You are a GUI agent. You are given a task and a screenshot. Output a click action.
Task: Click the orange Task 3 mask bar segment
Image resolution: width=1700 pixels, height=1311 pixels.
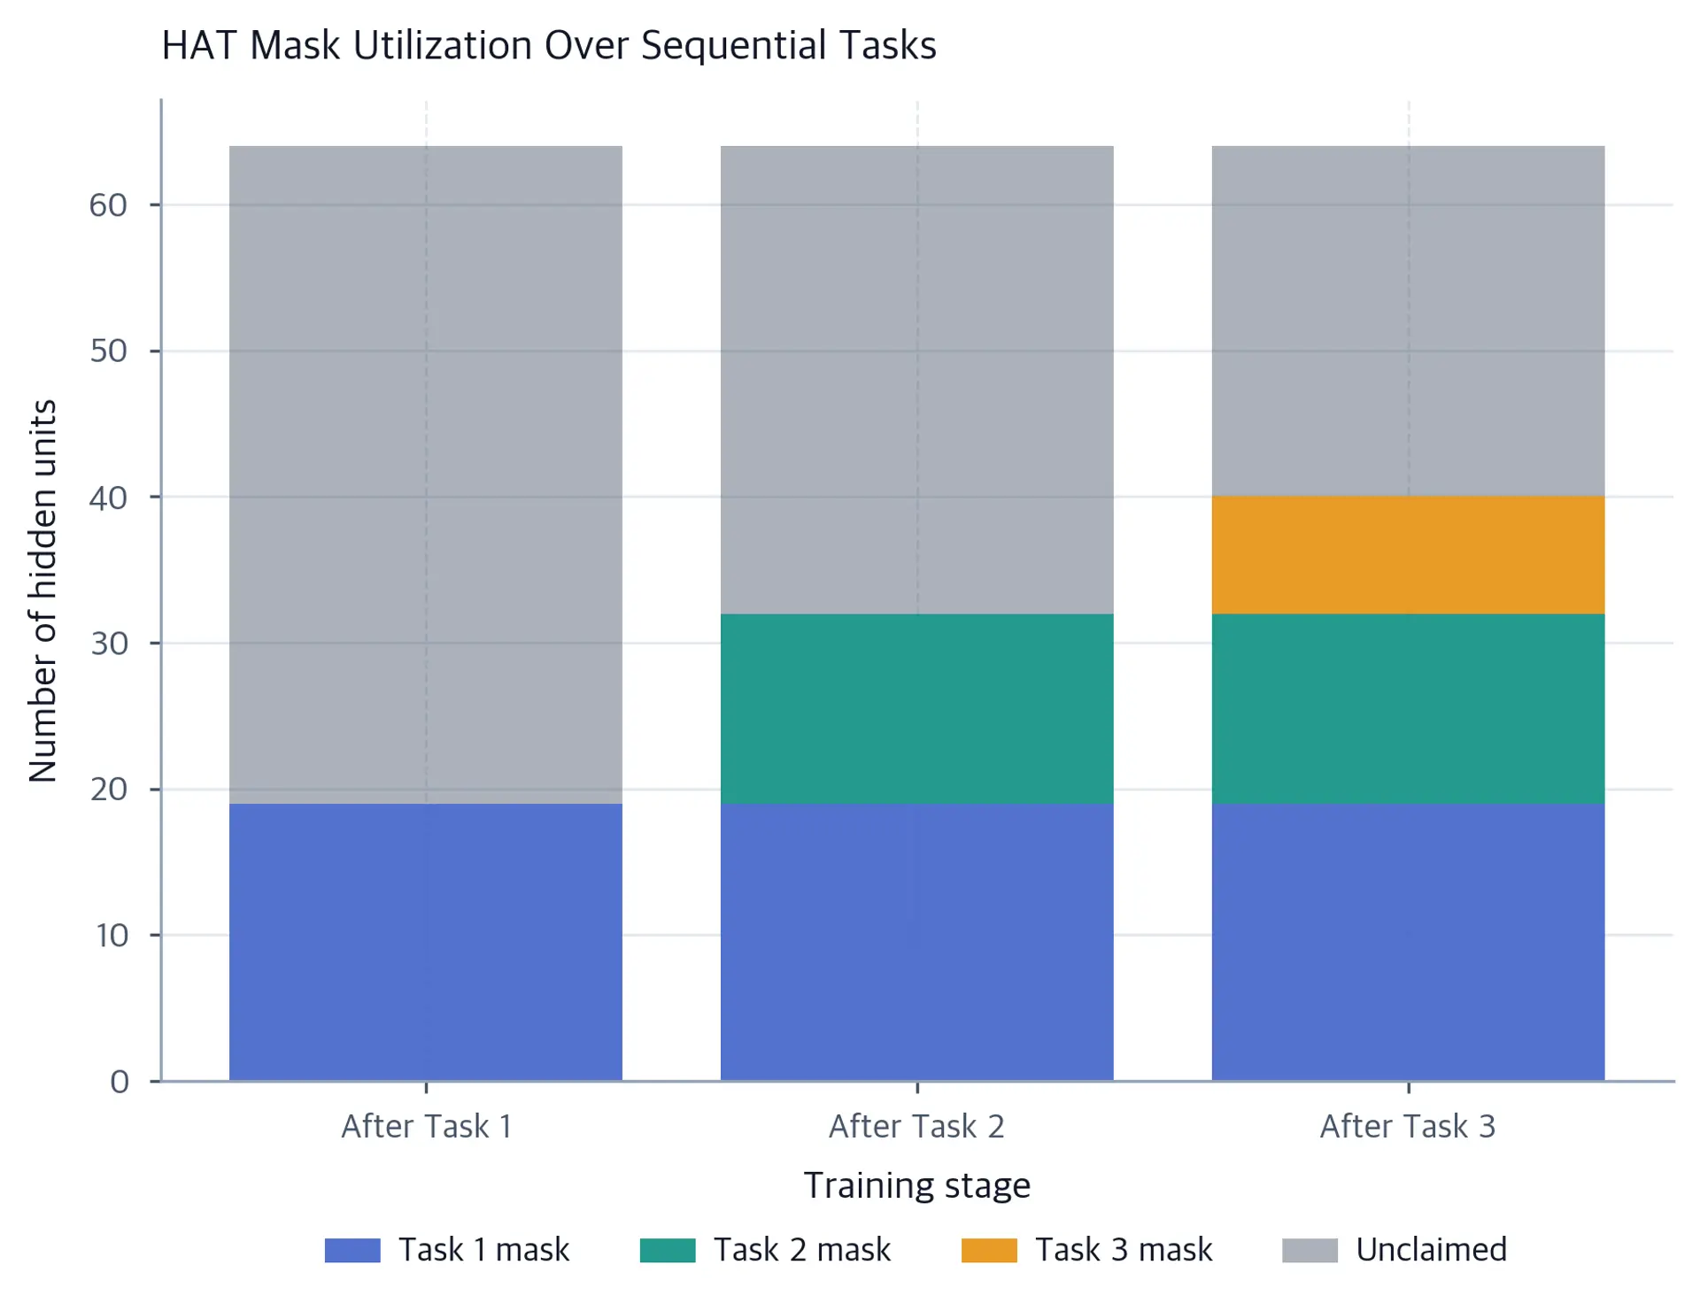tap(1408, 555)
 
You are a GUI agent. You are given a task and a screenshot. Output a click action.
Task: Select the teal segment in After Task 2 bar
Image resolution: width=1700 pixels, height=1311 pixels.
tap(916, 709)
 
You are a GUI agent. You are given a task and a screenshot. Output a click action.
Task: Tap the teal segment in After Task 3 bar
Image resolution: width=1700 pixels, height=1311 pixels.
tap(1408, 709)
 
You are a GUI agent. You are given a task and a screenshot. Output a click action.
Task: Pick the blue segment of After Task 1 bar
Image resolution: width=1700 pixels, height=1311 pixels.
tap(426, 942)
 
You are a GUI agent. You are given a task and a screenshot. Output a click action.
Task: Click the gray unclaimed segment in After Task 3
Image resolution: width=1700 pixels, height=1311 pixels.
tap(1408, 321)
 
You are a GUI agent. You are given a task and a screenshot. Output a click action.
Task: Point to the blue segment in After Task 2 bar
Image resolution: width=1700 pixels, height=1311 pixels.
tap(916, 942)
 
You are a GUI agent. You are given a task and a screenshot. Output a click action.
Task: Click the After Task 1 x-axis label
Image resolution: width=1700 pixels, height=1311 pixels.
tap(427, 1126)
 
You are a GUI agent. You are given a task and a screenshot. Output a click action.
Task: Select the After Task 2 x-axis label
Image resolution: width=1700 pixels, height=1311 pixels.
tap(916, 1126)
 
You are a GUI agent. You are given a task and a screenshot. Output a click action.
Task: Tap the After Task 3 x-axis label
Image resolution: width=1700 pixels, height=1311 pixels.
tap(1408, 1126)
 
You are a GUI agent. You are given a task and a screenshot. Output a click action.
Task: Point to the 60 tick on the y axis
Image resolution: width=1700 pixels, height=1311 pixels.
tap(108, 205)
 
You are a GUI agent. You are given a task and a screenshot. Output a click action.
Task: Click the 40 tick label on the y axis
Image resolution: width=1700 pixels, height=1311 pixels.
tap(108, 497)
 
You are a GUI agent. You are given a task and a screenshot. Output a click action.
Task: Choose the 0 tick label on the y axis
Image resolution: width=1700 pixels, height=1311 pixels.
tap(120, 1082)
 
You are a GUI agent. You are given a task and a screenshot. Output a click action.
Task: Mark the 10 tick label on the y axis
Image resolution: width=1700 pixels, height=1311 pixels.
tap(112, 936)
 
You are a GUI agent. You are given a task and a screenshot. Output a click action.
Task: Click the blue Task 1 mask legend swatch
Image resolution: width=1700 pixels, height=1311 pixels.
tap(352, 1250)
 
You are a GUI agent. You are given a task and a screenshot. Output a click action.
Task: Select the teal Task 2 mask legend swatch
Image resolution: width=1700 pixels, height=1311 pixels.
tap(668, 1250)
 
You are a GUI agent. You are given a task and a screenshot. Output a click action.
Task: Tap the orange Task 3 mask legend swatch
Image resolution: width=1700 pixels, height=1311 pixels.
tap(989, 1250)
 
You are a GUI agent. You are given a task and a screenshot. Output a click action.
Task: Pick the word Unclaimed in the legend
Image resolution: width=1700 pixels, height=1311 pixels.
tap(1431, 1250)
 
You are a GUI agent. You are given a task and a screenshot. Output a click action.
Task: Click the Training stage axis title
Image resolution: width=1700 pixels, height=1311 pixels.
tap(917, 1185)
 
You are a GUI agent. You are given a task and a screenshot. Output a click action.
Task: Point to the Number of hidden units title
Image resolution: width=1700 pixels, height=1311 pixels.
tap(42, 591)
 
